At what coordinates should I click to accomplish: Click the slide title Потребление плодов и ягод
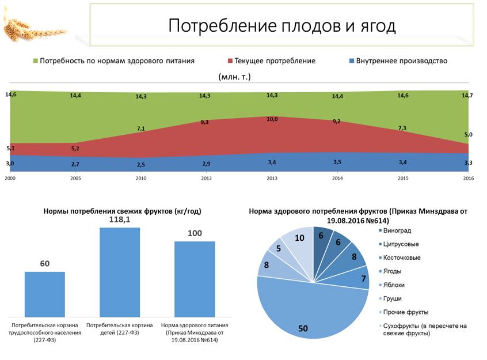[x=282, y=26]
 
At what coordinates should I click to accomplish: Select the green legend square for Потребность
[x=36, y=61]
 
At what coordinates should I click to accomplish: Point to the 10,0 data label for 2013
[x=272, y=119]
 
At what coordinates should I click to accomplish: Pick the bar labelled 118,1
[x=120, y=271]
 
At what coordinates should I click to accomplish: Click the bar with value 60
[x=45, y=293]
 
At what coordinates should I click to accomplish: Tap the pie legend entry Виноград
[x=397, y=231]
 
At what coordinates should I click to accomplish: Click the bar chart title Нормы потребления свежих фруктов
[x=123, y=211]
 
